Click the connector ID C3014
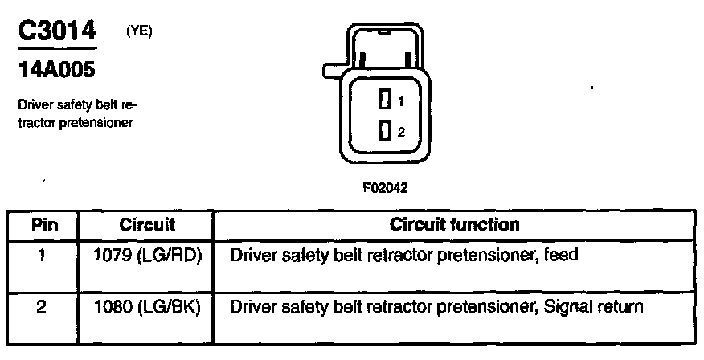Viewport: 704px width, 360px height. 56,31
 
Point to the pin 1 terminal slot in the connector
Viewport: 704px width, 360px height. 385,100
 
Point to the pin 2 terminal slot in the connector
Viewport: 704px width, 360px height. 385,130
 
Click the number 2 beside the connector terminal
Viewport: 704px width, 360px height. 399,131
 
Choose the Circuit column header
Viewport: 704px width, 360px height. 147,225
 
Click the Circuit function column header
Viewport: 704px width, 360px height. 454,225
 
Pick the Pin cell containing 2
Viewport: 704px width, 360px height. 42,307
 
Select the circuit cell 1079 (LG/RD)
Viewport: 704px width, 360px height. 147,256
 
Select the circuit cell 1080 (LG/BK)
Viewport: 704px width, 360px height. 147,307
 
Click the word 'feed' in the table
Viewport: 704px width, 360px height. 561,256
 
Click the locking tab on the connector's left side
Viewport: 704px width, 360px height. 329,71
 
